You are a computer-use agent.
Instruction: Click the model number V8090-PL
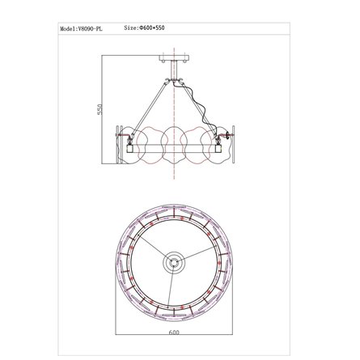point(90,29)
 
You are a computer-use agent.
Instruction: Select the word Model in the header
point(67,29)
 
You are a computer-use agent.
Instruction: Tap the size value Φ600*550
point(152,28)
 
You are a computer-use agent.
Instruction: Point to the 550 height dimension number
point(100,109)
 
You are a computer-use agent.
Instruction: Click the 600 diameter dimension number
point(174,332)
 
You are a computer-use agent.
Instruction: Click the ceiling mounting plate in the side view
point(174,57)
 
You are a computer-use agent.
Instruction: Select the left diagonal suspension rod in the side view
point(150,107)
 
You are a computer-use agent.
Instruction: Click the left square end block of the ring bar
point(130,149)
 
